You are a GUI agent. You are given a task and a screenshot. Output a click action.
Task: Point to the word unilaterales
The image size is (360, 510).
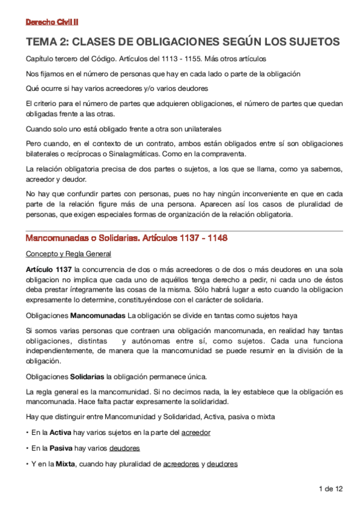(x=200, y=129)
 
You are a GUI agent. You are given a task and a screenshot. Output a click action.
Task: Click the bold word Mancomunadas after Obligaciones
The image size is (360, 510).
(x=99, y=315)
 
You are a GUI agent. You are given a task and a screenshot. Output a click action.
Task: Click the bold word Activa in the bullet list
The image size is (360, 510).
(x=60, y=432)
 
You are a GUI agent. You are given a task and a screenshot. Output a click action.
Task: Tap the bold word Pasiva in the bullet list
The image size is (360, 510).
(x=60, y=449)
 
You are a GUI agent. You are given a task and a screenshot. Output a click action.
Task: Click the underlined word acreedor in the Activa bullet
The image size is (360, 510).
(x=195, y=432)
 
